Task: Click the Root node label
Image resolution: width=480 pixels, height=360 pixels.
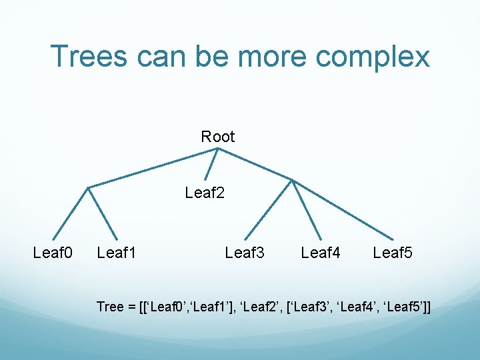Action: click(x=218, y=137)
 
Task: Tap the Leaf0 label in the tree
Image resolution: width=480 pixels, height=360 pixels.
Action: click(x=52, y=253)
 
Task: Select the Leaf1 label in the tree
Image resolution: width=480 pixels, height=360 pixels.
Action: click(x=116, y=253)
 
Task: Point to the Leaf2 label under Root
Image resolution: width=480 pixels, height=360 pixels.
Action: click(x=205, y=193)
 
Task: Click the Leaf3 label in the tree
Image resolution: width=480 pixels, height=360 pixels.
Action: click(x=245, y=253)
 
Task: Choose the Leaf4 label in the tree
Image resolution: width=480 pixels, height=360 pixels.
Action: click(x=321, y=253)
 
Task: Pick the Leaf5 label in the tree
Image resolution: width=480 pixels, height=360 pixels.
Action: click(x=393, y=253)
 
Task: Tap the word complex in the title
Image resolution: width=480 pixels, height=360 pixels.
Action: click(x=373, y=57)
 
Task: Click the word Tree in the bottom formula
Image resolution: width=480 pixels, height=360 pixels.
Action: click(x=110, y=307)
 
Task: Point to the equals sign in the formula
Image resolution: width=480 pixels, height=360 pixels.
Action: click(x=131, y=307)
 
